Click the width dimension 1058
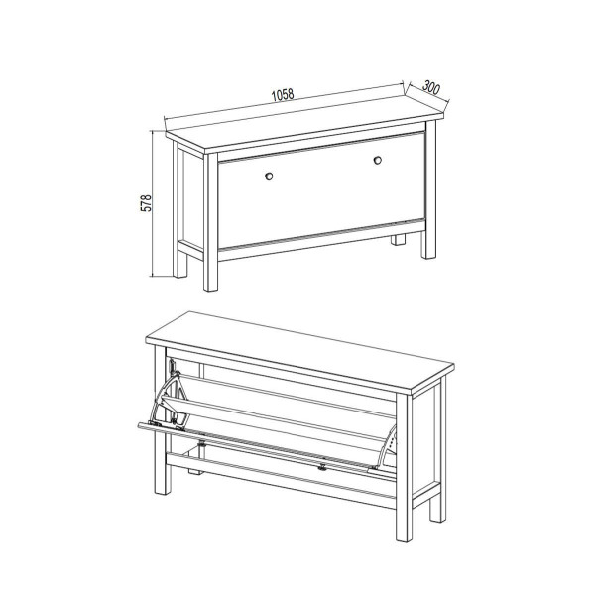[x=283, y=95]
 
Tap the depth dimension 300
[x=431, y=87]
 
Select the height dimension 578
[x=146, y=203]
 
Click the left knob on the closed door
[x=269, y=177]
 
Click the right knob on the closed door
[x=378, y=161]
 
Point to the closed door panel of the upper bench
[x=321, y=189]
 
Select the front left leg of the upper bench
[x=210, y=222]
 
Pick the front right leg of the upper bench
[x=430, y=189]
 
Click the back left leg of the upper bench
[x=179, y=209]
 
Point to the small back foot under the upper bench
[x=398, y=240]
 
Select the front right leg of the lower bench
[x=405, y=468]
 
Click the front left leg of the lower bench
[x=162, y=419]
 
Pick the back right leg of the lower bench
[x=438, y=450]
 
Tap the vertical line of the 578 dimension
[x=153, y=203]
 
